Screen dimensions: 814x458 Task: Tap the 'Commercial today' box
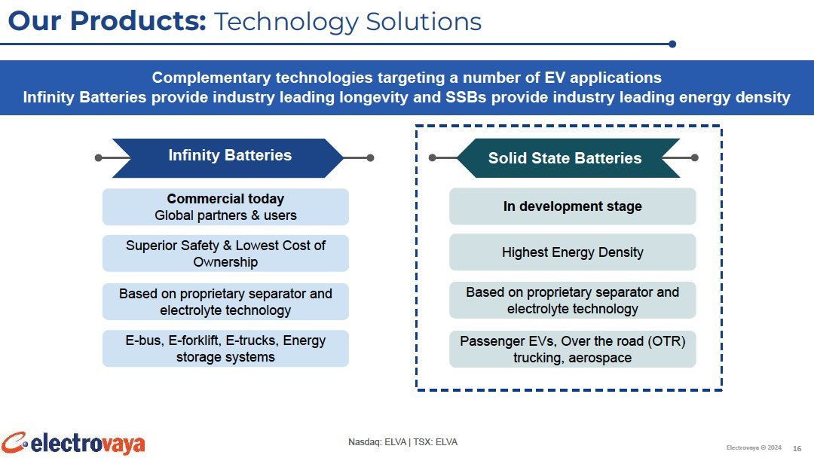225,207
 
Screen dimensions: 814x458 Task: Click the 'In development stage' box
572,206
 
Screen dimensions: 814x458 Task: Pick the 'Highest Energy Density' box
572,252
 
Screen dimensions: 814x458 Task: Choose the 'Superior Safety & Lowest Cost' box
225,254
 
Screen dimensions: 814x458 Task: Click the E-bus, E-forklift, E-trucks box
225,349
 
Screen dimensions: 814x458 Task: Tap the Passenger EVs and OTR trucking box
572,349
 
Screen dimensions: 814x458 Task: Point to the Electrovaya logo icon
14,442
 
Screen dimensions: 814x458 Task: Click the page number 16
797,449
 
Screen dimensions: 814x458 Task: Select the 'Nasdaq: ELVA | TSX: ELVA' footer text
402,442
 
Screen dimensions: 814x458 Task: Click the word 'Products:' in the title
138,21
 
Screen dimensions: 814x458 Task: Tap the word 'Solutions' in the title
424,22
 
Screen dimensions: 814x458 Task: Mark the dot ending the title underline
672,44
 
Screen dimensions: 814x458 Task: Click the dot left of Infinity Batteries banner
99,157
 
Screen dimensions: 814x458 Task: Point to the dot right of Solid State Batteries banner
695,157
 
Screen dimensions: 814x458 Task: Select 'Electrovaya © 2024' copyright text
754,447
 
